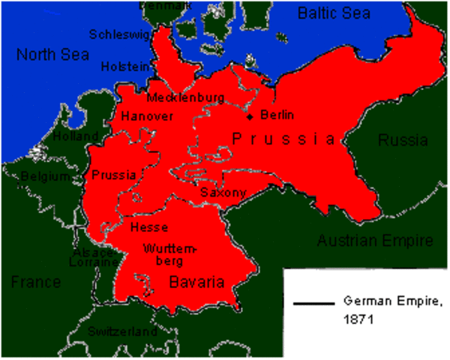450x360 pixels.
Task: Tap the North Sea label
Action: tap(52, 55)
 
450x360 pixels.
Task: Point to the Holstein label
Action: tap(126, 67)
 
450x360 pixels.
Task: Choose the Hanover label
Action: tap(147, 116)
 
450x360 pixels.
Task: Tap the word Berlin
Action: tap(277, 115)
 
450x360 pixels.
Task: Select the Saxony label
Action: tap(223, 193)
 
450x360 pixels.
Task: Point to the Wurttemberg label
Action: tap(169, 253)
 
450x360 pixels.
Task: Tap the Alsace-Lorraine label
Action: tap(95, 257)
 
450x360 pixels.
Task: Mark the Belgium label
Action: tap(44, 176)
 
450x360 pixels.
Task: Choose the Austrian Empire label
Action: tap(375, 241)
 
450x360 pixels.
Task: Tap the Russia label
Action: tap(403, 140)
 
